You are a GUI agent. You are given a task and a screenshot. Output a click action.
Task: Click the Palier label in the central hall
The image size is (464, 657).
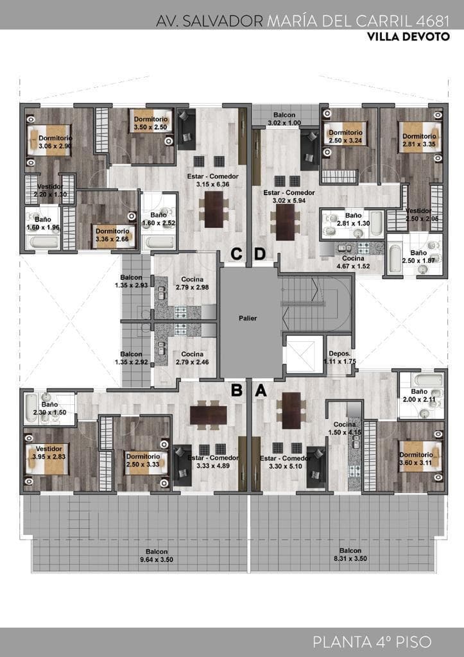250,318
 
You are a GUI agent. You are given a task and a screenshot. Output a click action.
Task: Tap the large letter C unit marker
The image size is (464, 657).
237,255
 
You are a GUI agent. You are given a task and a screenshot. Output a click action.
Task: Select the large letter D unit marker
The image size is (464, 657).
261,255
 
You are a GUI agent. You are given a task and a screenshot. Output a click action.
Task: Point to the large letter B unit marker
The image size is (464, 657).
237,390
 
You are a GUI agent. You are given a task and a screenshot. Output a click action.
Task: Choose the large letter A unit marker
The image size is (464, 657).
261,390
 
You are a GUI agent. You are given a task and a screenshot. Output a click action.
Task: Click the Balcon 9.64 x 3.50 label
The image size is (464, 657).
157,555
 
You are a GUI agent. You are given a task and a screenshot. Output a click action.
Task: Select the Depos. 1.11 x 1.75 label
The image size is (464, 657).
339,357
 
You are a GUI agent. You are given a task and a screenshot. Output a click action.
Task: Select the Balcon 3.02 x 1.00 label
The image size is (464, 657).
284,119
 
